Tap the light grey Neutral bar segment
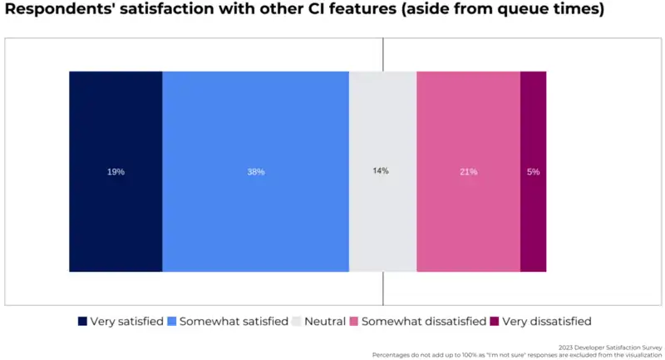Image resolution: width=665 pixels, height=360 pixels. [382, 216]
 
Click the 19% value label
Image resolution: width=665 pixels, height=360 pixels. [116, 172]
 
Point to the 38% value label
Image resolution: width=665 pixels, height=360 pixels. [255, 172]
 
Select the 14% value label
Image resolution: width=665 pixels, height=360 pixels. [381, 171]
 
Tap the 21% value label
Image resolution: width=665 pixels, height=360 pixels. [468, 172]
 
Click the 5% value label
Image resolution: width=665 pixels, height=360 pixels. [533, 172]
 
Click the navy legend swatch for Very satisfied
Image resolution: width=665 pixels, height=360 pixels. [82, 321]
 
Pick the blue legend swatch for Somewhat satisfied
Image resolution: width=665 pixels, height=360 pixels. [172, 321]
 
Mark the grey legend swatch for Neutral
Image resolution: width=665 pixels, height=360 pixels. [297, 321]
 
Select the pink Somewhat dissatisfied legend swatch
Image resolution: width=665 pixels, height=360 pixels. [353, 321]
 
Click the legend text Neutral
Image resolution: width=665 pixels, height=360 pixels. [325, 321]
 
